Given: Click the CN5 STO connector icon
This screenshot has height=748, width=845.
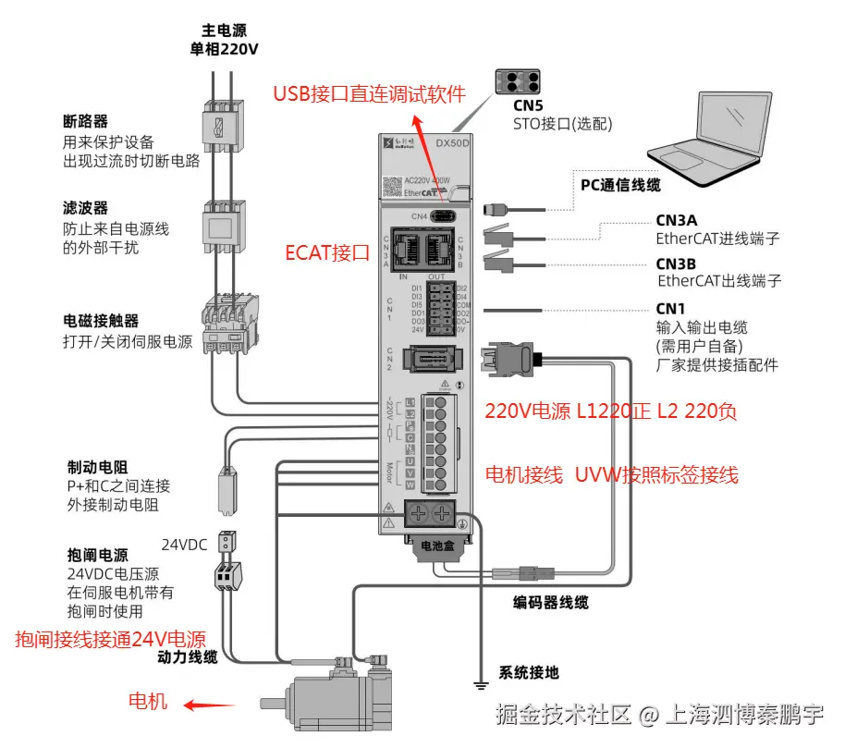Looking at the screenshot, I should pos(515,80).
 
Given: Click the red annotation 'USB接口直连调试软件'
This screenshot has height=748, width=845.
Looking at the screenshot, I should pos(369,93).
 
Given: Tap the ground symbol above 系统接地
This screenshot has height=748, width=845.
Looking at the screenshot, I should pos(480,683).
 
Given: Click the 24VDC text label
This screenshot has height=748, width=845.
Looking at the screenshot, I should pos(184,544).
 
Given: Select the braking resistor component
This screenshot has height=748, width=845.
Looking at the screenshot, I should pos(226,488).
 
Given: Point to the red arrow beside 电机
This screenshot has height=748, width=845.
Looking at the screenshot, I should pos(208,705).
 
